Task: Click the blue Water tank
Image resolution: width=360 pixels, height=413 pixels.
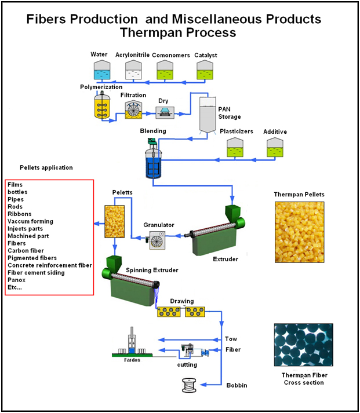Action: (102, 70)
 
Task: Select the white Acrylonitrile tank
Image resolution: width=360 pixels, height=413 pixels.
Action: (133, 70)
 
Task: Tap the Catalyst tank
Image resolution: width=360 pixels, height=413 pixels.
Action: (205, 70)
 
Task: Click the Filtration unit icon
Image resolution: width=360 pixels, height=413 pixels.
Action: (133, 109)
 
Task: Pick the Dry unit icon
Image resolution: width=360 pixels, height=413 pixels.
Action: (165, 112)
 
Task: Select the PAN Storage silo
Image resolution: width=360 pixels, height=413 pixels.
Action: (208, 114)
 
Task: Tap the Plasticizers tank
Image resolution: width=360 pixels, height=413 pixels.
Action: (235, 148)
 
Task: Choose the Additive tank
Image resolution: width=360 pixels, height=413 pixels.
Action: (275, 148)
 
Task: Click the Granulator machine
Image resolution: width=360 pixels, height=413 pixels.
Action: (157, 240)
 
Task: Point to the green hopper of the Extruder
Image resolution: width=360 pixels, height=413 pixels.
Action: (232, 213)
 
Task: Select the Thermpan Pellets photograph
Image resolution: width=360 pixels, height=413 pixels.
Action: (299, 232)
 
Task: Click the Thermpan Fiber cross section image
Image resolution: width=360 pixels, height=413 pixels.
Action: (304, 345)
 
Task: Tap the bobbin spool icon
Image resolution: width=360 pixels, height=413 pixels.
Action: (189, 385)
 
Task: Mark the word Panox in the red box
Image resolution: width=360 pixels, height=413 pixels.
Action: (17, 280)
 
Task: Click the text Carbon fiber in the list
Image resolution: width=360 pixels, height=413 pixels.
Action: (26, 251)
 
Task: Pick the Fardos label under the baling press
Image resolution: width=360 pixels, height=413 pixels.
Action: (132, 360)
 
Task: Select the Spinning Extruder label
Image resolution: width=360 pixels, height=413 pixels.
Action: (152, 271)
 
